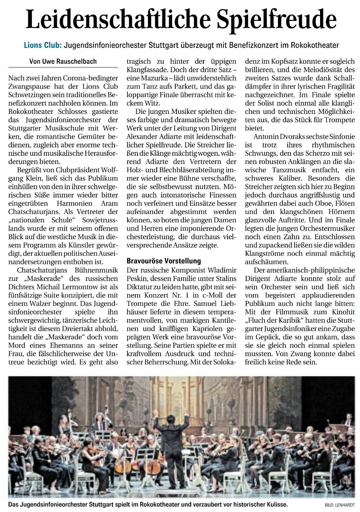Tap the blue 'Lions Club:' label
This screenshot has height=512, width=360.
pyautogui.click(x=42, y=46)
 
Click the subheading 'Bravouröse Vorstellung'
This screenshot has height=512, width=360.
pyautogui.click(x=164, y=261)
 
